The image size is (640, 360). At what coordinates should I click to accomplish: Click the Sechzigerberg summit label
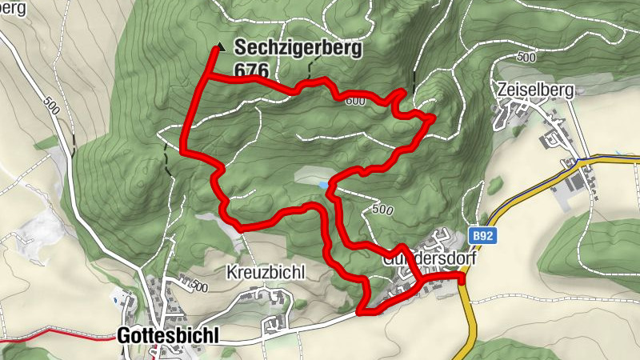(x=298, y=48)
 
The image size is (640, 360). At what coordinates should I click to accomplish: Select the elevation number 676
(x=251, y=70)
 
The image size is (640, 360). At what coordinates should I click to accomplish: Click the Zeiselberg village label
(x=535, y=90)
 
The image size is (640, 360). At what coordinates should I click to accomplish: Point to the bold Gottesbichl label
(x=167, y=336)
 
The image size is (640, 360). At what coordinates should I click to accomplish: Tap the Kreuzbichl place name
(x=266, y=272)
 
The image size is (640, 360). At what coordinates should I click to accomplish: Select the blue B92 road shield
(x=482, y=237)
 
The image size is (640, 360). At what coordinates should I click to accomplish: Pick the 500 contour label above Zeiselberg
(x=526, y=58)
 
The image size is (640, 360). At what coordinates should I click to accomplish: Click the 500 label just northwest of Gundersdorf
(x=382, y=210)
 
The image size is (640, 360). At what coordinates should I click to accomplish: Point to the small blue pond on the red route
(x=322, y=185)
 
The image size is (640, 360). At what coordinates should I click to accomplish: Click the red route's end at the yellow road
(x=462, y=278)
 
